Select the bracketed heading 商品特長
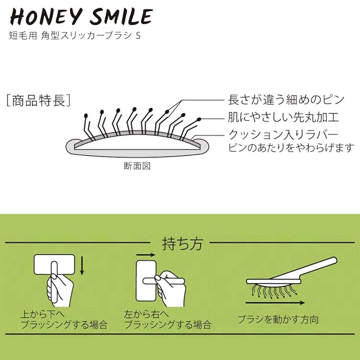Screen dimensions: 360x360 pos(38,101)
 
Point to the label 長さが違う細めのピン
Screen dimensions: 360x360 pos(281,100)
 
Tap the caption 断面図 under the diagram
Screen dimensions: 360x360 pos(137,166)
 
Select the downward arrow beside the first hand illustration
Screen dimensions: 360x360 pos(83,265)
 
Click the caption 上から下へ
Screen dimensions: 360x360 pos(42,314)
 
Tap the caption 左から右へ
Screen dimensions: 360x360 pos(145,314)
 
